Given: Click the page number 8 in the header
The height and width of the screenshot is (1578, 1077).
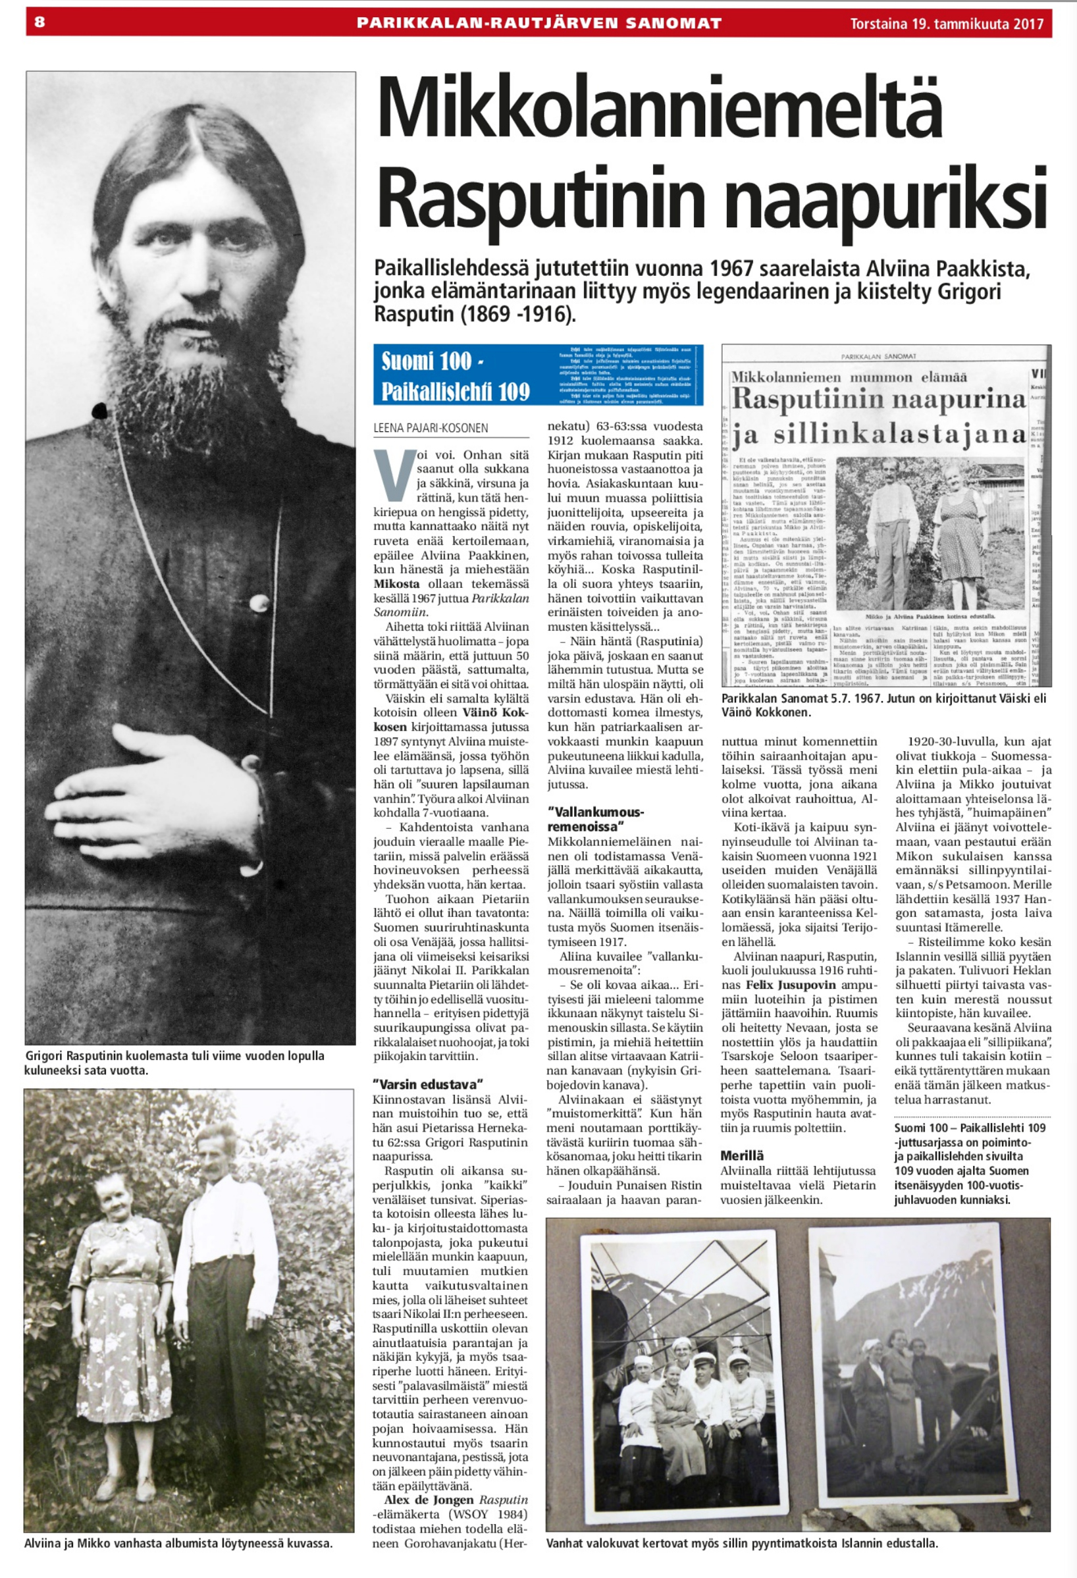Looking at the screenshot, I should pos(40,22).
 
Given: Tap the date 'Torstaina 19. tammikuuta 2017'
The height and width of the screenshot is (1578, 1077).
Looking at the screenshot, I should pos(947,24).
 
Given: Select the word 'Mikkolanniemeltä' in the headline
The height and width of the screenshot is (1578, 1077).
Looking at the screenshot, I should pos(660,111).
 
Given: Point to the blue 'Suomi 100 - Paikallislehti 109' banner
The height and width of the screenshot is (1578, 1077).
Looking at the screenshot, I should pos(538,375).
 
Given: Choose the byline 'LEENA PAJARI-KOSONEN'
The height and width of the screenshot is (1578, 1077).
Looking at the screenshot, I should pos(431,429).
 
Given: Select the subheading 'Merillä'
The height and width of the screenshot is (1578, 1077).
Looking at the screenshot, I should pos(741,1155).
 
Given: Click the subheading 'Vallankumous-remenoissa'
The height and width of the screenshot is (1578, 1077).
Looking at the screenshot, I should pos(596,819).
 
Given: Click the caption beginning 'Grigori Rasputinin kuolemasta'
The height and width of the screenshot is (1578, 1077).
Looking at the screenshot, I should pos(174,1063).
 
